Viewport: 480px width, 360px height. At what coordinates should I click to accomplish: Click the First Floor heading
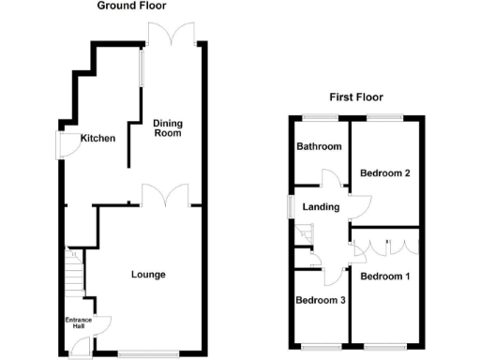[x=356, y=97]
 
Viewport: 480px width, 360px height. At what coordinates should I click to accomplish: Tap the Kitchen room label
[x=97, y=139]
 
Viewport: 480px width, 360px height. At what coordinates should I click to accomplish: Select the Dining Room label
[x=167, y=127]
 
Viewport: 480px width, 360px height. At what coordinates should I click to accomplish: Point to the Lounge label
[x=148, y=275]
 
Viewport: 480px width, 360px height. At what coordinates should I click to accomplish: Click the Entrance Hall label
[x=78, y=324]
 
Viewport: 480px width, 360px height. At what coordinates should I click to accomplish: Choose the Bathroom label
[x=319, y=147]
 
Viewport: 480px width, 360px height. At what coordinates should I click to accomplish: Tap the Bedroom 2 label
[x=385, y=172]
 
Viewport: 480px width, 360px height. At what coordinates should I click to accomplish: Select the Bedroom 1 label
[x=384, y=276]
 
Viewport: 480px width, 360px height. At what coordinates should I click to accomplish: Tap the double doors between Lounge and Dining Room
[x=165, y=196]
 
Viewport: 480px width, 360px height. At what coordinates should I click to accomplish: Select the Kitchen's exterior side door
[x=66, y=145]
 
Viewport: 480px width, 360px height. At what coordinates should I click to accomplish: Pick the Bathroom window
[x=319, y=117]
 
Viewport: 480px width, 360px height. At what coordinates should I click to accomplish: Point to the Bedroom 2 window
[x=379, y=117]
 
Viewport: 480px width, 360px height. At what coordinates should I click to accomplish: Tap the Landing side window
[x=290, y=208]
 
